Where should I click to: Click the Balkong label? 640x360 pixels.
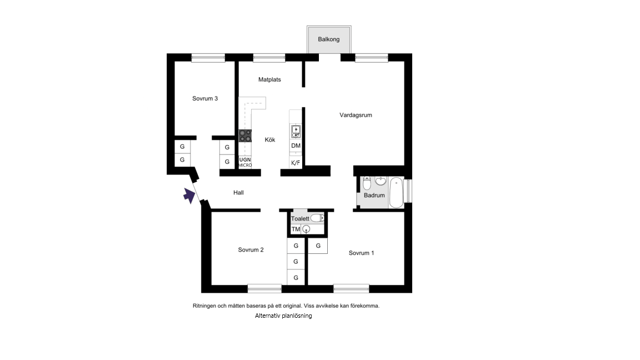(x=328, y=39)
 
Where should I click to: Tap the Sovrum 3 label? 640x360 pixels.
(x=205, y=98)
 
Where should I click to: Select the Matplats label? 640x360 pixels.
(x=269, y=79)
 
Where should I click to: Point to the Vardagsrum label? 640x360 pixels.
(x=356, y=115)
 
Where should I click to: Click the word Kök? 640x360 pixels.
(x=270, y=139)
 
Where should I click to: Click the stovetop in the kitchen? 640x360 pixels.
(x=245, y=136)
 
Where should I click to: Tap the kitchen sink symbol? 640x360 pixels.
(x=296, y=132)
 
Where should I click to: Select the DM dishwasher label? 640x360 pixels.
(x=296, y=146)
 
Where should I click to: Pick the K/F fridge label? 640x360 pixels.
(x=296, y=163)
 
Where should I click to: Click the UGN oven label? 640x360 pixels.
(x=245, y=159)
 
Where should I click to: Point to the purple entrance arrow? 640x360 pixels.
(x=189, y=195)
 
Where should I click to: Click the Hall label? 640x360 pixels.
(x=238, y=193)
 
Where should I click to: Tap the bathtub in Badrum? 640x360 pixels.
(x=396, y=192)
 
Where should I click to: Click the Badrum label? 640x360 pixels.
(x=374, y=196)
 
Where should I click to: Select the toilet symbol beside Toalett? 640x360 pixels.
(x=317, y=218)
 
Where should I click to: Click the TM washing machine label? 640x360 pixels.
(x=296, y=229)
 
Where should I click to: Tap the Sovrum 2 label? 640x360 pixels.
(x=251, y=250)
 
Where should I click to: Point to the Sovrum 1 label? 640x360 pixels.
(x=361, y=253)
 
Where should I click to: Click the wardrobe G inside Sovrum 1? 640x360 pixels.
(x=318, y=246)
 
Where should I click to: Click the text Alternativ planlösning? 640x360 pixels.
(x=283, y=316)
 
